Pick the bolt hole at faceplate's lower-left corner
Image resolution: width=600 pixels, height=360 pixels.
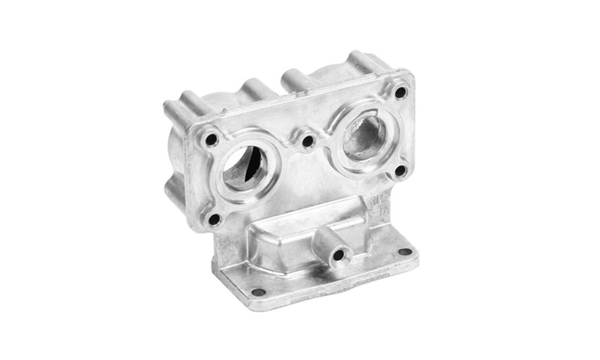(x=214, y=220)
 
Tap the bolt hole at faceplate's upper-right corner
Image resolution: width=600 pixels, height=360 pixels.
(x=400, y=92)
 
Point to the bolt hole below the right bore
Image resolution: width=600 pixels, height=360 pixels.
(x=400, y=170)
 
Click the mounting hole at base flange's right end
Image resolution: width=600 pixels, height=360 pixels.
(x=406, y=251)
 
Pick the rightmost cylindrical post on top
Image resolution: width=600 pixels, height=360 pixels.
(x=358, y=60)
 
